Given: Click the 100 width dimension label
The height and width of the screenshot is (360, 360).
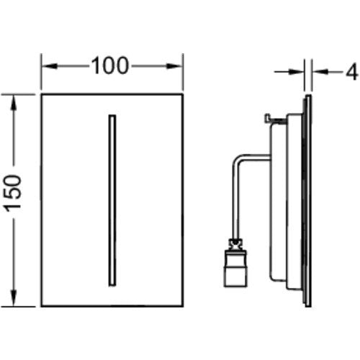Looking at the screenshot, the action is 110,66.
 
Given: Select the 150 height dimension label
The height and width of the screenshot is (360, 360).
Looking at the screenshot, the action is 13,194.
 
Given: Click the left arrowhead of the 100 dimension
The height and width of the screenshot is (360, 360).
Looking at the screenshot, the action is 49,66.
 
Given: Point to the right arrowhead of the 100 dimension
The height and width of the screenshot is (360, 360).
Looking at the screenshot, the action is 175,66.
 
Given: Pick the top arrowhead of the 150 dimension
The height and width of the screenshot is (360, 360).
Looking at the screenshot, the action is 14,103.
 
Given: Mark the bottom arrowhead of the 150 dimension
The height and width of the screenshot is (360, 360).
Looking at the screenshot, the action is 14,298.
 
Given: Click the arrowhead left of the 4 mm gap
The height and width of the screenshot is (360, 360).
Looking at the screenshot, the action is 297,71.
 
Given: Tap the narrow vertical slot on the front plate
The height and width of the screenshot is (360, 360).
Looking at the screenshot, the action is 112,200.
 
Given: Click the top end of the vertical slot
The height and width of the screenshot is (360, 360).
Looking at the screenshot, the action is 112,115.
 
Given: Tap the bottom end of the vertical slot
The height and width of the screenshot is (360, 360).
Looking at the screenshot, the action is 112,286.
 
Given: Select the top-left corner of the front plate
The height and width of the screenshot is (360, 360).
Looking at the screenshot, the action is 41,94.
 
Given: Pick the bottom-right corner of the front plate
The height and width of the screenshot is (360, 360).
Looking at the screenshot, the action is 183,306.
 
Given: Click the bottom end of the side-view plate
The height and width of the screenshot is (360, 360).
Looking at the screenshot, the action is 308,306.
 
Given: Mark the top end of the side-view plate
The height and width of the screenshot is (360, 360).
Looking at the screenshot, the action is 308,95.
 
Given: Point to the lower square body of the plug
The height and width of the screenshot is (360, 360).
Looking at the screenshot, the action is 235,276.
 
